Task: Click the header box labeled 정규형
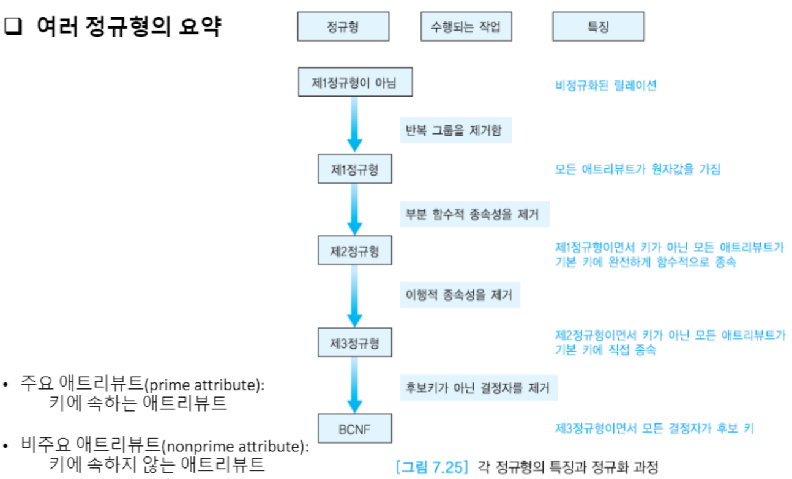pos(343,27)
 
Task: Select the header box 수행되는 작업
pos(466,27)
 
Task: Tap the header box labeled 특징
pos(597,27)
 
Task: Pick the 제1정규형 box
pos(355,169)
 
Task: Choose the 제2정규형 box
pos(355,251)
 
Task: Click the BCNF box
pos(355,429)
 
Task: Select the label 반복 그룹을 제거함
pos(456,130)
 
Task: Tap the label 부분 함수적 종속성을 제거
pos(474,214)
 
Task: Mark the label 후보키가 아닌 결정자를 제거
pos(478,387)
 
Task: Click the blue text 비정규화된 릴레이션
pos(605,86)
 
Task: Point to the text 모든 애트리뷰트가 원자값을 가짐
pos(637,169)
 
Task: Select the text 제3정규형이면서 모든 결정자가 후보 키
pos(654,428)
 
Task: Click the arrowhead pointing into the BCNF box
pos(355,405)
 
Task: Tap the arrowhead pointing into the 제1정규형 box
pos(355,144)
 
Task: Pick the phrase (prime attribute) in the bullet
pos(204,385)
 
